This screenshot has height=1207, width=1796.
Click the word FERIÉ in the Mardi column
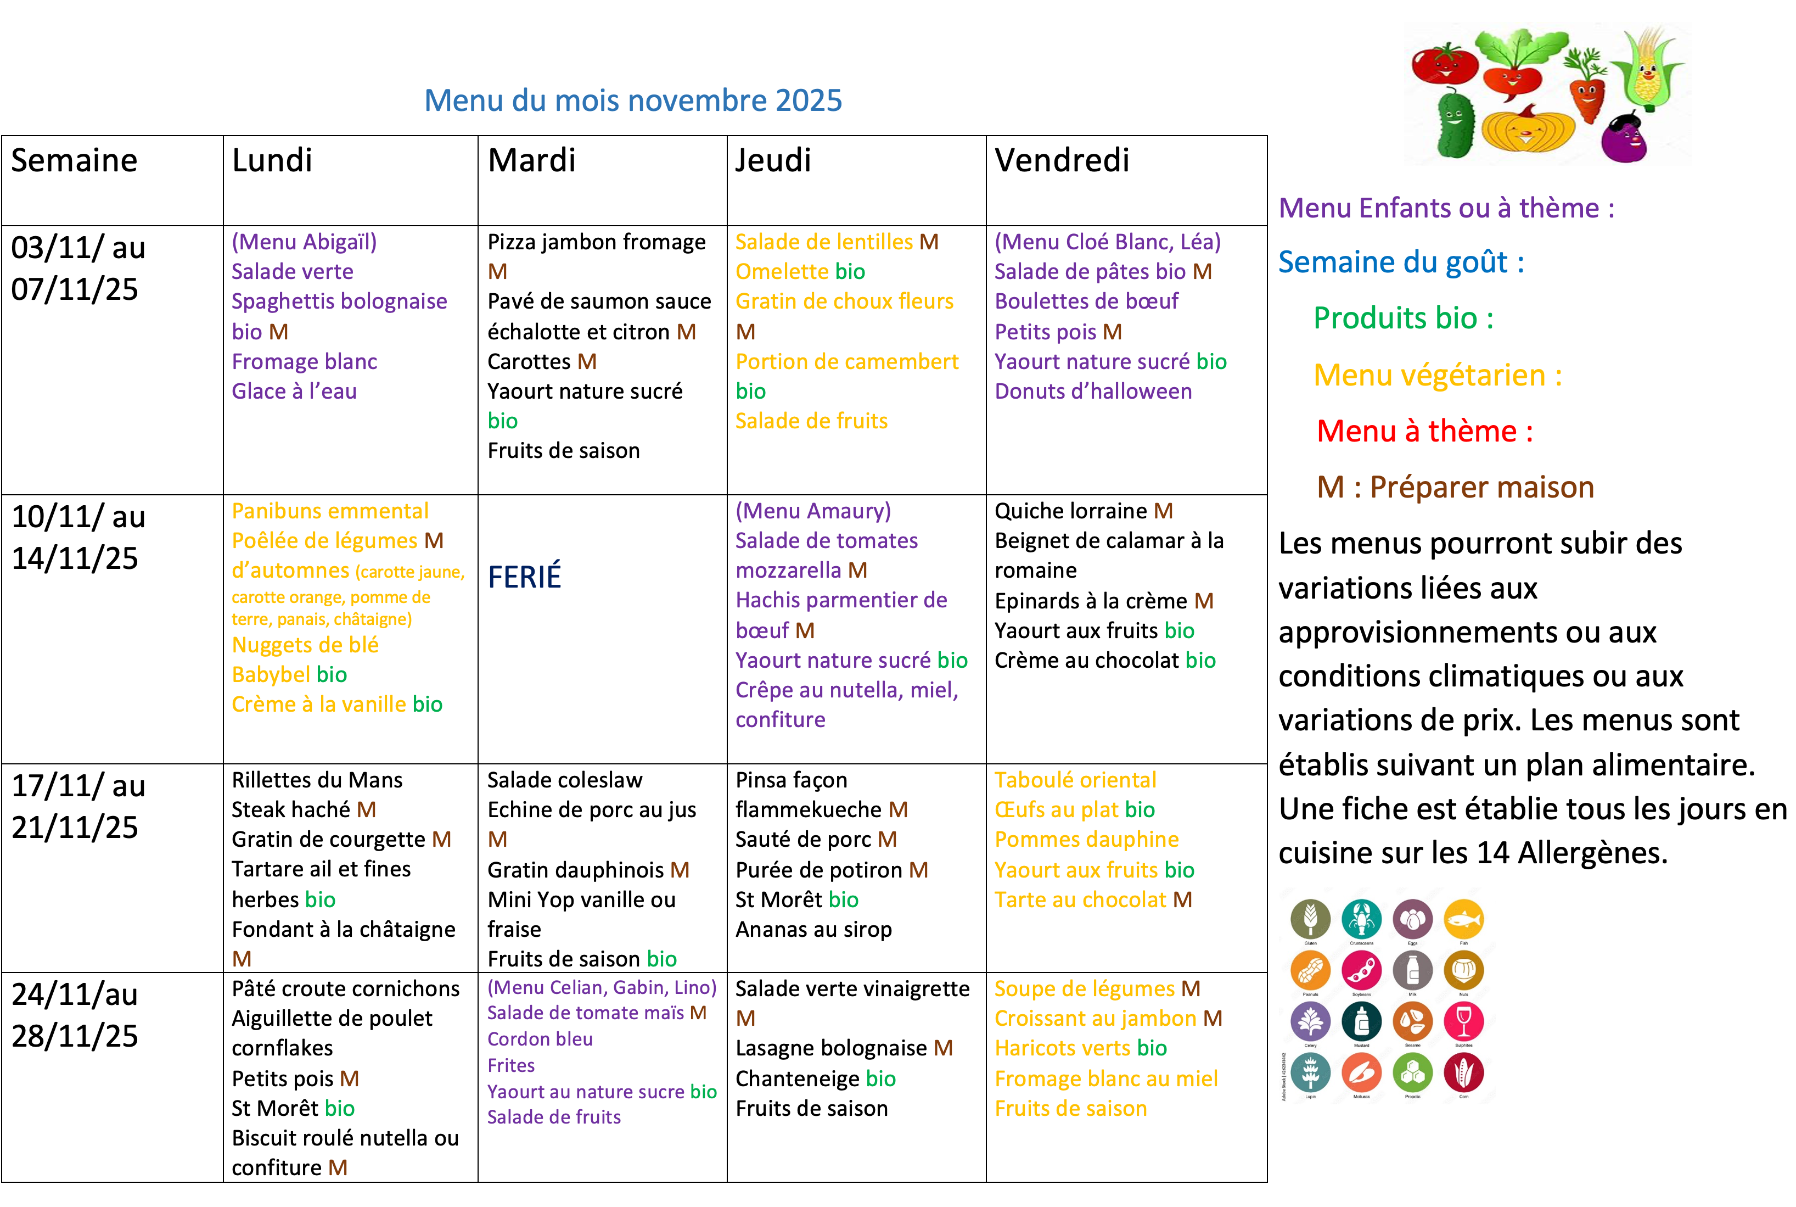(x=524, y=577)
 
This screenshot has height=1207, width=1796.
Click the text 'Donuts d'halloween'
(x=1093, y=391)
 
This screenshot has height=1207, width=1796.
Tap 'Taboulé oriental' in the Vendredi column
(x=1075, y=780)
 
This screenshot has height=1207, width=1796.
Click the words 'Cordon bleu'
(x=540, y=1039)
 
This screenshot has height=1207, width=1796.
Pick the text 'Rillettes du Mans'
(x=317, y=780)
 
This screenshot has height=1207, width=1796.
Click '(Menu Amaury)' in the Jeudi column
(x=812, y=511)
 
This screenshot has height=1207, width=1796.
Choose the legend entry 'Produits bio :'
(x=1403, y=318)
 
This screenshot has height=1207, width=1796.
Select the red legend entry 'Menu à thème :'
(x=1424, y=431)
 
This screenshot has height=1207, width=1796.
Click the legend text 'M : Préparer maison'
(x=1455, y=487)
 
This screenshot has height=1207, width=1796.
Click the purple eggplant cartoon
(x=1624, y=138)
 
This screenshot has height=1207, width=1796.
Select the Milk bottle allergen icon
(x=1413, y=970)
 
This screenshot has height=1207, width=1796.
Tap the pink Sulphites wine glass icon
(x=1463, y=1021)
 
